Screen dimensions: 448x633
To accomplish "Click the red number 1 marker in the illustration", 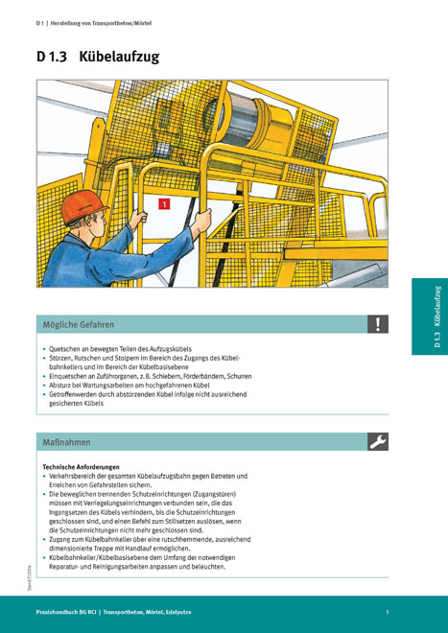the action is [x=164, y=204].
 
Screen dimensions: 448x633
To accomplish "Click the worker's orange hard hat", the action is [x=83, y=207].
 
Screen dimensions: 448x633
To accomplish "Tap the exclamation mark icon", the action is [x=378, y=324].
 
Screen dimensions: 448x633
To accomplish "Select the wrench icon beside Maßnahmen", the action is [x=378, y=441].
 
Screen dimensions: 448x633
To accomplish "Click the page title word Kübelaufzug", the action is [x=119, y=57].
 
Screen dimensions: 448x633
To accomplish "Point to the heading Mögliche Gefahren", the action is [x=79, y=324].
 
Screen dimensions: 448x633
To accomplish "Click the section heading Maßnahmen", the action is [x=66, y=442].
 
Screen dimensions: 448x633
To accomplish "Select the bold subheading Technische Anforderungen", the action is [x=81, y=467].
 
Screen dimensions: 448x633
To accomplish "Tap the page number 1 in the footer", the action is [x=387, y=612].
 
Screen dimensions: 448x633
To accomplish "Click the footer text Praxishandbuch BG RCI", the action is [x=66, y=612].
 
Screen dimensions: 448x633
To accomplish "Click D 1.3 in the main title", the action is [x=51, y=57].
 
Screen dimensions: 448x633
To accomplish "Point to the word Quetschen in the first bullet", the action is [x=61, y=348].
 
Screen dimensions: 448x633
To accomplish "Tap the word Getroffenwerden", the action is [x=70, y=394].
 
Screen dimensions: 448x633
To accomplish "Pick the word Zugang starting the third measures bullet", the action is [x=59, y=540].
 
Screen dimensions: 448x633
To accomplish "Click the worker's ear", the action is [x=89, y=222].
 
